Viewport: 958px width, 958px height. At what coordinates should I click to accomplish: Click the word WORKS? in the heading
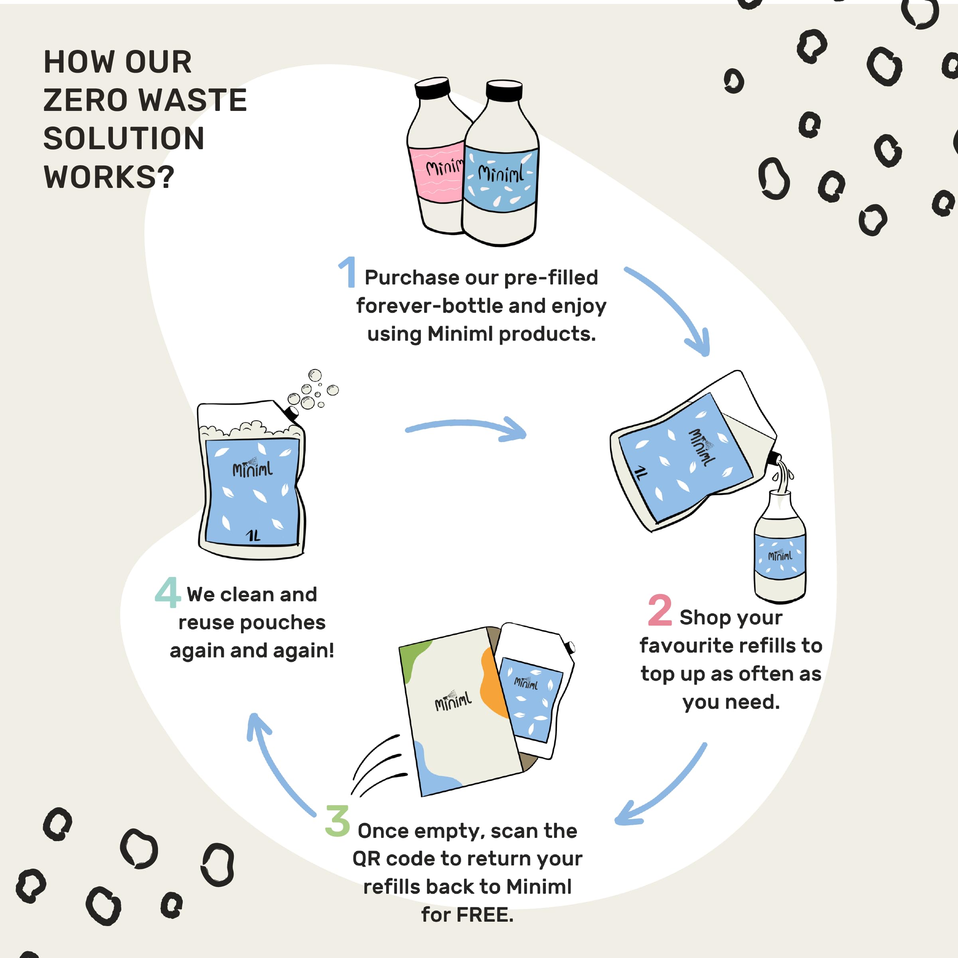109,177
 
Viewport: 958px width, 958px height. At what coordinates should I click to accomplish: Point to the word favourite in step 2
684,646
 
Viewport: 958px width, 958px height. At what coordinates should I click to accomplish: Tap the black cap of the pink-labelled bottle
433,87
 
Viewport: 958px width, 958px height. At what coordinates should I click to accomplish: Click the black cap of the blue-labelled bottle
504,90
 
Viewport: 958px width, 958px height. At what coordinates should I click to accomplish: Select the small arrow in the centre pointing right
466,427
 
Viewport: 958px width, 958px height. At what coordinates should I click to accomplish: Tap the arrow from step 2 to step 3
664,788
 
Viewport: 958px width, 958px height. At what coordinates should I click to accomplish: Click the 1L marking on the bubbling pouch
253,535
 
